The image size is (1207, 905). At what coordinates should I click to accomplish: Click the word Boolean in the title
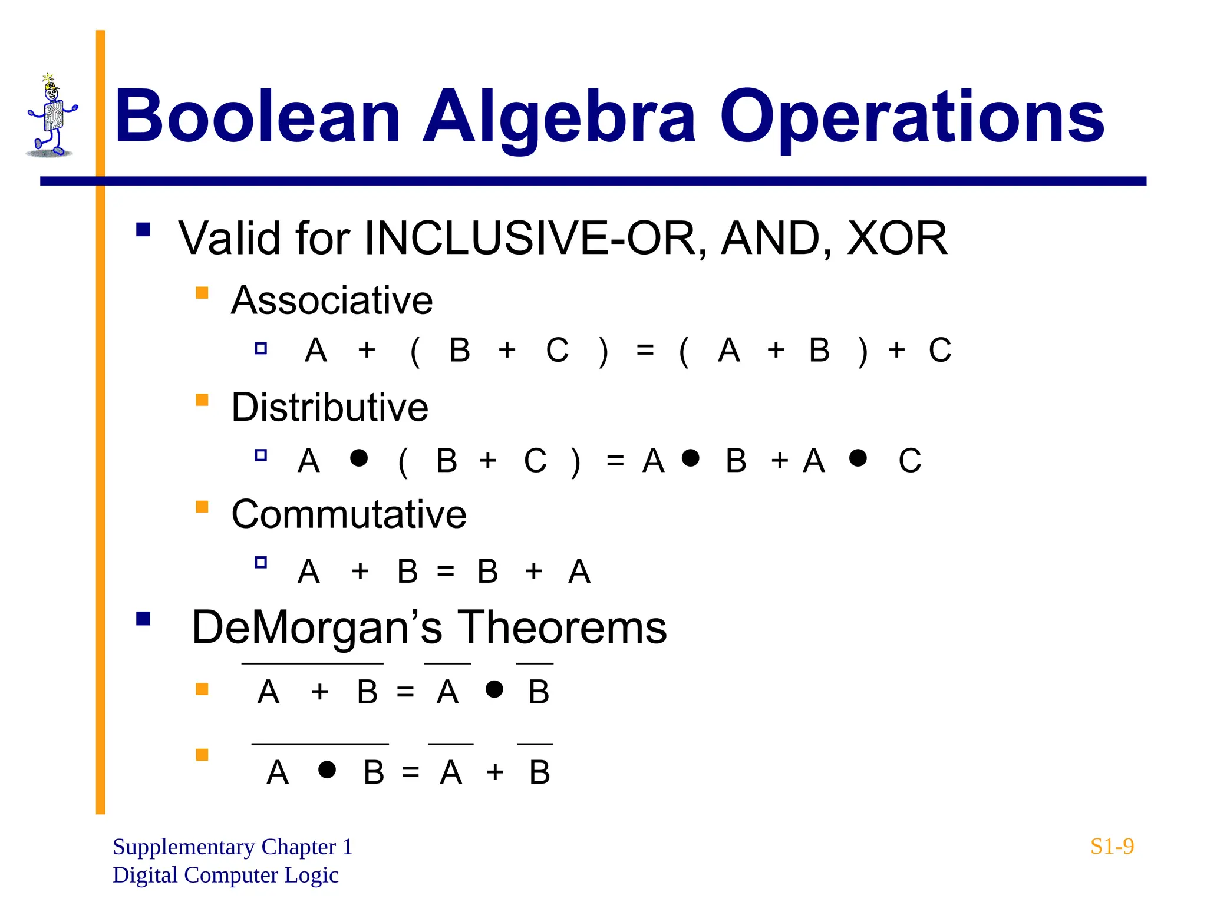(x=258, y=117)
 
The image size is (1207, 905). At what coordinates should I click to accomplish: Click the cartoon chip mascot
(x=52, y=117)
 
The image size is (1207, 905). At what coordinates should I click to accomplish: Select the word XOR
(x=897, y=238)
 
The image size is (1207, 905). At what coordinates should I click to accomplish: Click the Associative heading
(x=332, y=300)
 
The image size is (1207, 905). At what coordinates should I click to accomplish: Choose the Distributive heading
(x=329, y=407)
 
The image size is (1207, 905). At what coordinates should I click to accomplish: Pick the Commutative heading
(x=348, y=514)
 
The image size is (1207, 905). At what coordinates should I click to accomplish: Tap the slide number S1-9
(x=1112, y=847)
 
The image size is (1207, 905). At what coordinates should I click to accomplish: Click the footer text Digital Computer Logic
(x=226, y=875)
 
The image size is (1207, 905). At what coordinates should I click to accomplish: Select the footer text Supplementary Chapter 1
(x=233, y=847)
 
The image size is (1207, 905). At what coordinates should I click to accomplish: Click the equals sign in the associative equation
(x=645, y=351)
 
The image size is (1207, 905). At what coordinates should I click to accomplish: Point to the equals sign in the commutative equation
(x=446, y=571)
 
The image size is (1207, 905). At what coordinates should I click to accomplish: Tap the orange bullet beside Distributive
(x=202, y=400)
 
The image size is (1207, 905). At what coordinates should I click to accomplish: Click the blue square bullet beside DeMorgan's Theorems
(x=143, y=619)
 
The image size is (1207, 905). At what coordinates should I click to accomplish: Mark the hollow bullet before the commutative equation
(x=260, y=562)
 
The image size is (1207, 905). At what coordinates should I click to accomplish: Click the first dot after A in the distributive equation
(x=359, y=458)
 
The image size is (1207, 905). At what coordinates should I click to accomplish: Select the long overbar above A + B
(x=312, y=664)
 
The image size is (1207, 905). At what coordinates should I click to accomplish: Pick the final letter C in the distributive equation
(x=909, y=461)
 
